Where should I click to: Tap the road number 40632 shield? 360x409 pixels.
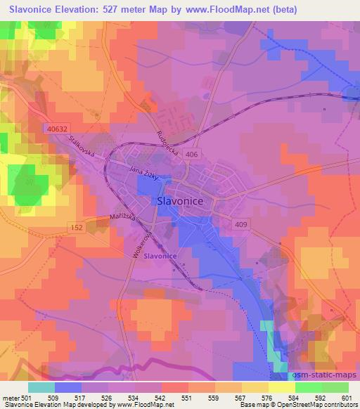click(x=59, y=128)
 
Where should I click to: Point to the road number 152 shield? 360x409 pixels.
click(x=77, y=228)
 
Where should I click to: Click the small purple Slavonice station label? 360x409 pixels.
click(x=160, y=257)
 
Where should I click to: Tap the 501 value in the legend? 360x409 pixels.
click(x=25, y=397)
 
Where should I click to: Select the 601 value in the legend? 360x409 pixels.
click(x=347, y=397)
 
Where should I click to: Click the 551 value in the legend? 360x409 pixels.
click(x=186, y=397)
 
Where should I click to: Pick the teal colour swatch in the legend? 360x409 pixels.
click(x=41, y=387)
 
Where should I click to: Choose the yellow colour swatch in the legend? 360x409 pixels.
click(x=282, y=387)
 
